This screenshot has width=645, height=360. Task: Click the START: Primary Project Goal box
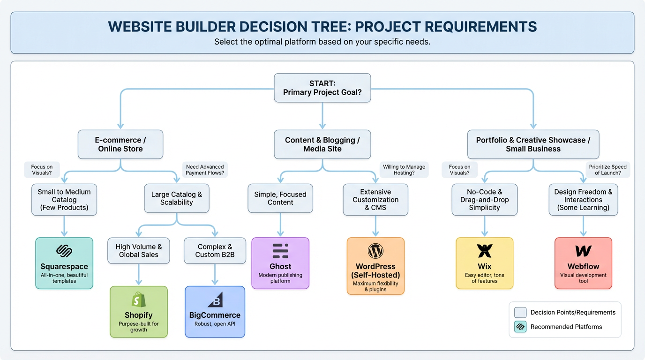[322, 88]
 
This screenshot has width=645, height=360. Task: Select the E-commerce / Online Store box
[120, 144]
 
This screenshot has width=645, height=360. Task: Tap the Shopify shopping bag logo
[139, 300]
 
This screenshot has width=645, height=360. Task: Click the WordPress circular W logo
[375, 251]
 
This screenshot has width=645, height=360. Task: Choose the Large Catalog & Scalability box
[176, 198]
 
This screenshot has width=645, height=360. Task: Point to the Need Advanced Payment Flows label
[205, 170]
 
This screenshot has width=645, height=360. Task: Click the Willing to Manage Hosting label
[404, 170]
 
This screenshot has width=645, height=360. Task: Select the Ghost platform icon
[280, 251]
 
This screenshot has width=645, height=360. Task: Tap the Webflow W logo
[583, 251]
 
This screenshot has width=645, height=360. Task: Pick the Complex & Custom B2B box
[215, 251]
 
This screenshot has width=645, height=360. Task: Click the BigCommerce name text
[215, 315]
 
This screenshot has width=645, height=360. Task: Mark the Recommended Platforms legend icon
[520, 327]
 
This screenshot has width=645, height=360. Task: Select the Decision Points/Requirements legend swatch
[520, 312]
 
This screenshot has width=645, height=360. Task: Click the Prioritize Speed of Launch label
[607, 170]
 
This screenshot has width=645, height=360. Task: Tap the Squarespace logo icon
[64, 251]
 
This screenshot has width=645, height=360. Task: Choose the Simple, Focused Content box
[280, 198]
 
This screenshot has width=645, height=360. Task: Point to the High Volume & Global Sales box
[139, 251]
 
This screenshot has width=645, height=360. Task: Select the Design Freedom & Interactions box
[583, 200]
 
